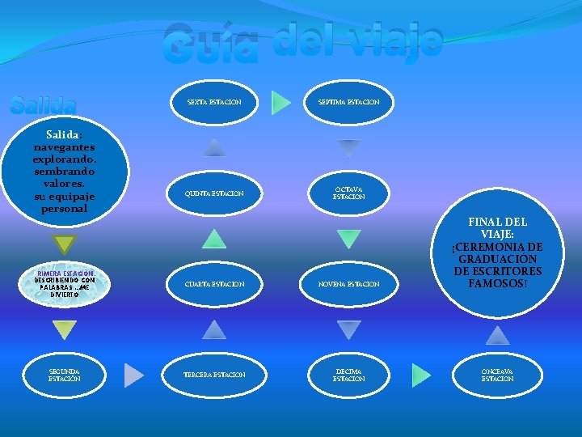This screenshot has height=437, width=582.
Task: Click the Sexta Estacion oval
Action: point(214,102)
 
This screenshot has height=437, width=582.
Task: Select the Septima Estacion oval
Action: point(349,102)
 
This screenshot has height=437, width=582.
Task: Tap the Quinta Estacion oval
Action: point(214,193)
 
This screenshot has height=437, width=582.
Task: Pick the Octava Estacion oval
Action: point(349,193)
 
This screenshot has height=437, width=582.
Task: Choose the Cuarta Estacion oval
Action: point(214,284)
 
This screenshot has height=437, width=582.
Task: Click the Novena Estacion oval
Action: point(349,284)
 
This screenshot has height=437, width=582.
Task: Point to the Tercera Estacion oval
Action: point(214,375)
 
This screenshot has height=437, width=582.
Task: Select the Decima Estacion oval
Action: point(349,375)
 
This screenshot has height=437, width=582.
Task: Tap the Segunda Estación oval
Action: point(64,375)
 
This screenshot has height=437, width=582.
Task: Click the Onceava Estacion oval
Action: point(497,375)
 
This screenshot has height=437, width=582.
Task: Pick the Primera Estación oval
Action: point(64,284)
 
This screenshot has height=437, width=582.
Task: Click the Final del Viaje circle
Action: point(497,253)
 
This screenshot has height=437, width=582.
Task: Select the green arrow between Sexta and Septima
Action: point(281,102)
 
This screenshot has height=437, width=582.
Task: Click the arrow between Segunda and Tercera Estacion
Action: point(134,375)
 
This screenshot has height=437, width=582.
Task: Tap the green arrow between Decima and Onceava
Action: point(421,375)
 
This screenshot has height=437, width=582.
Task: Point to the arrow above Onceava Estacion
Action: point(497,335)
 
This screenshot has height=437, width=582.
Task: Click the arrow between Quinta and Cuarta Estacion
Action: point(214,239)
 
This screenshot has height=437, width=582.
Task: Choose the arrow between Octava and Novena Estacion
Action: point(349,239)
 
